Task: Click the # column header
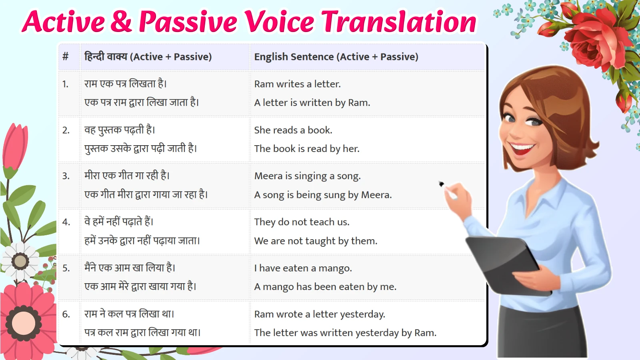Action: [66, 57]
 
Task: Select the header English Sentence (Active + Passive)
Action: [336, 57]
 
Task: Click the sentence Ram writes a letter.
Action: [297, 84]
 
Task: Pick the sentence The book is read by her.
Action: [307, 149]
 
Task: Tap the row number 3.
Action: [66, 176]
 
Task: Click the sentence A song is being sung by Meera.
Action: [323, 195]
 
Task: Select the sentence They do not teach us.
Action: [302, 222]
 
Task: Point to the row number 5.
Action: [66, 268]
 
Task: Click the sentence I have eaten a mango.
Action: [303, 268]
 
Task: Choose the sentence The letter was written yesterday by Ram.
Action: [345, 333]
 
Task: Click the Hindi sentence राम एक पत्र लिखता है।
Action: [125, 84]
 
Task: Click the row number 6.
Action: [66, 314]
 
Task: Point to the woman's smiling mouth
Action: [522, 149]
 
